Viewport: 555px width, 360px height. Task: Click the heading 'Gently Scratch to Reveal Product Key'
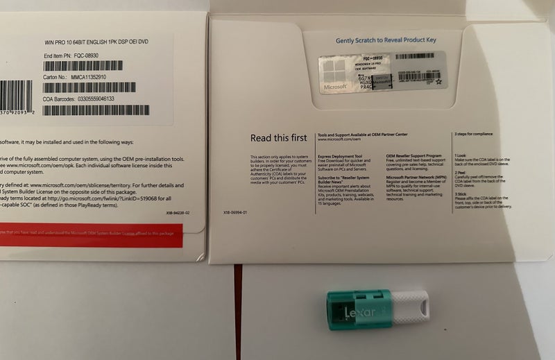tap(386, 40)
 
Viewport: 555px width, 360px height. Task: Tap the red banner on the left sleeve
tap(90, 235)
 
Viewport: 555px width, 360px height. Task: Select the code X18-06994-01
tap(236, 212)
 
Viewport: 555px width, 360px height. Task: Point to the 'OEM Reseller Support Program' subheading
tap(414, 156)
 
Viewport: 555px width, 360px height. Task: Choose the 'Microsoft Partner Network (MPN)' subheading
tap(417, 177)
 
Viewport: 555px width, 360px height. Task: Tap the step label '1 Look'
tap(461, 156)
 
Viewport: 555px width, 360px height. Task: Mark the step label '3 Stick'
tap(461, 194)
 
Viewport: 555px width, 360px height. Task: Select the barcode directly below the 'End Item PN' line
tap(83, 66)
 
